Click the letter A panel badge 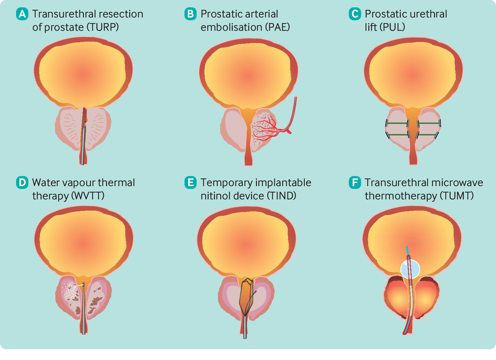pos(22,14)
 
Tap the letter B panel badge pos(190,14)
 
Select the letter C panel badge pos(355,14)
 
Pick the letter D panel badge pos(22,183)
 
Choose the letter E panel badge pos(190,183)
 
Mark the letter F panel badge pos(355,183)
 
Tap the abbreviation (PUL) pos(392,27)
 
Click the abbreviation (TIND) pos(281,196)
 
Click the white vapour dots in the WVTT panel pos(72,291)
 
